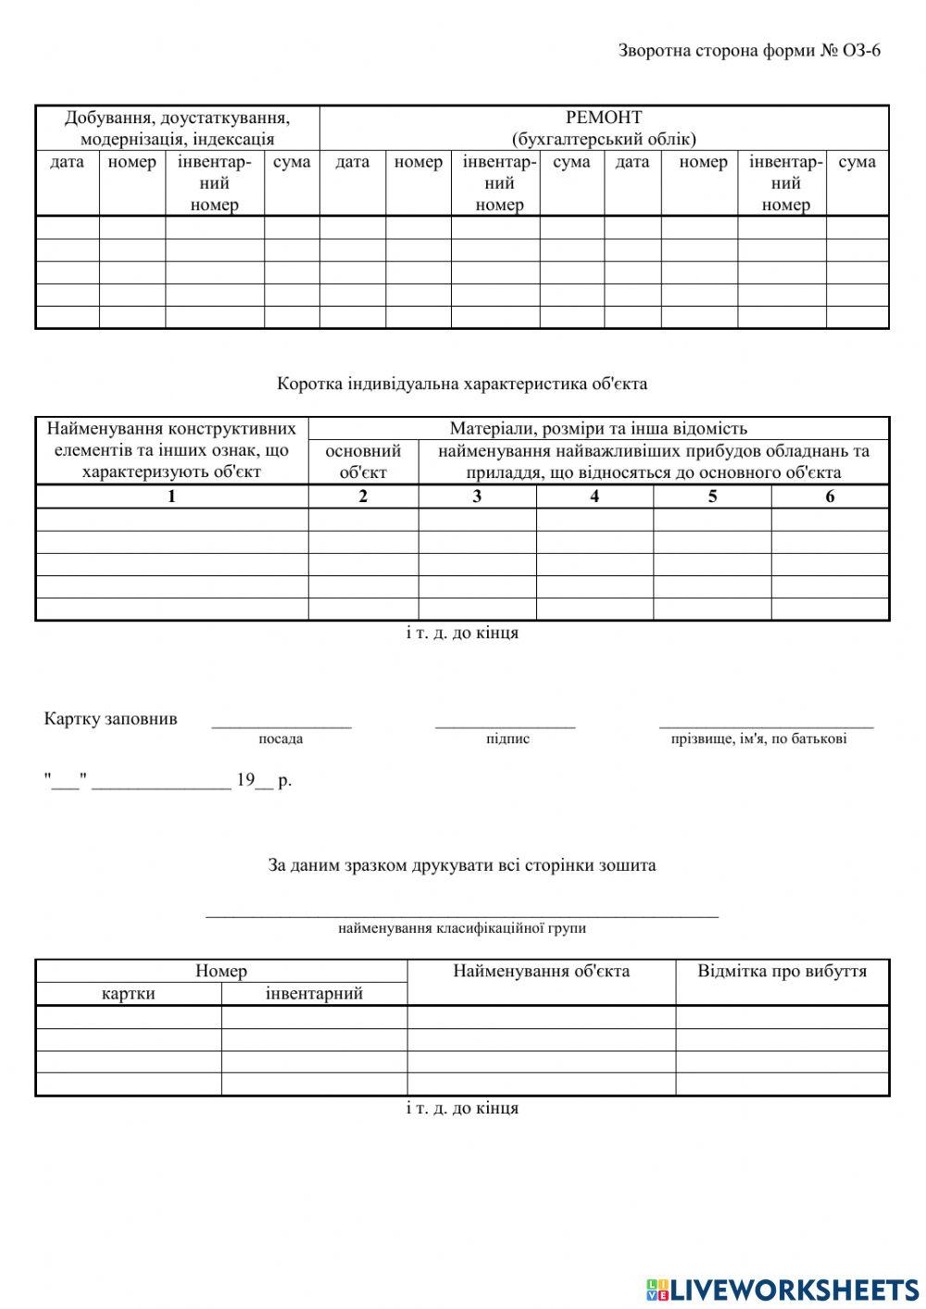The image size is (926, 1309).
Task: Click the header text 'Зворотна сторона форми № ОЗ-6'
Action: [749, 50]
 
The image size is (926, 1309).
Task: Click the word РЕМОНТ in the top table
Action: [604, 118]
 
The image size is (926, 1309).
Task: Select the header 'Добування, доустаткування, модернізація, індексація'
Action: [177, 129]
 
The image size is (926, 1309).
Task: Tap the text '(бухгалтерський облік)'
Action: [604, 139]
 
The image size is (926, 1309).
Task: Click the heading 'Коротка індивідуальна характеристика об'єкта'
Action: [462, 383]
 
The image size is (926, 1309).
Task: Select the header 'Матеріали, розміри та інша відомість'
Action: [598, 428]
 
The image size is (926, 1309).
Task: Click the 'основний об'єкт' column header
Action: [363, 461]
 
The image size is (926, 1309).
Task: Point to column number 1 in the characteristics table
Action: [171, 497]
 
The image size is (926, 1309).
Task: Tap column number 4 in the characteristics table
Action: [594, 497]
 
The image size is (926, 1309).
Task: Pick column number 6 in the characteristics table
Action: [830, 497]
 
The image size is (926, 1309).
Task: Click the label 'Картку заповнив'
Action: [111, 719]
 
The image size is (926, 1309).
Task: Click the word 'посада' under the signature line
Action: [281, 739]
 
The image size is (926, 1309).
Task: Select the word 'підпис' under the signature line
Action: [507, 739]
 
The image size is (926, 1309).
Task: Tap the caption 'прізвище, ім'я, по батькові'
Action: [758, 739]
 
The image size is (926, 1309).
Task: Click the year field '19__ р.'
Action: [264, 780]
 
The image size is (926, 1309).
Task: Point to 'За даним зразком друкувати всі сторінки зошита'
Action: [462, 865]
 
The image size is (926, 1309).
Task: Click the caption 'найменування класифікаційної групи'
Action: [462, 928]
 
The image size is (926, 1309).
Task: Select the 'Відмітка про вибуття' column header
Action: [782, 971]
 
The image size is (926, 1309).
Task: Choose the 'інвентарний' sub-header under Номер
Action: [314, 994]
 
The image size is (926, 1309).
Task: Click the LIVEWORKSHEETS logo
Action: [782, 1289]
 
